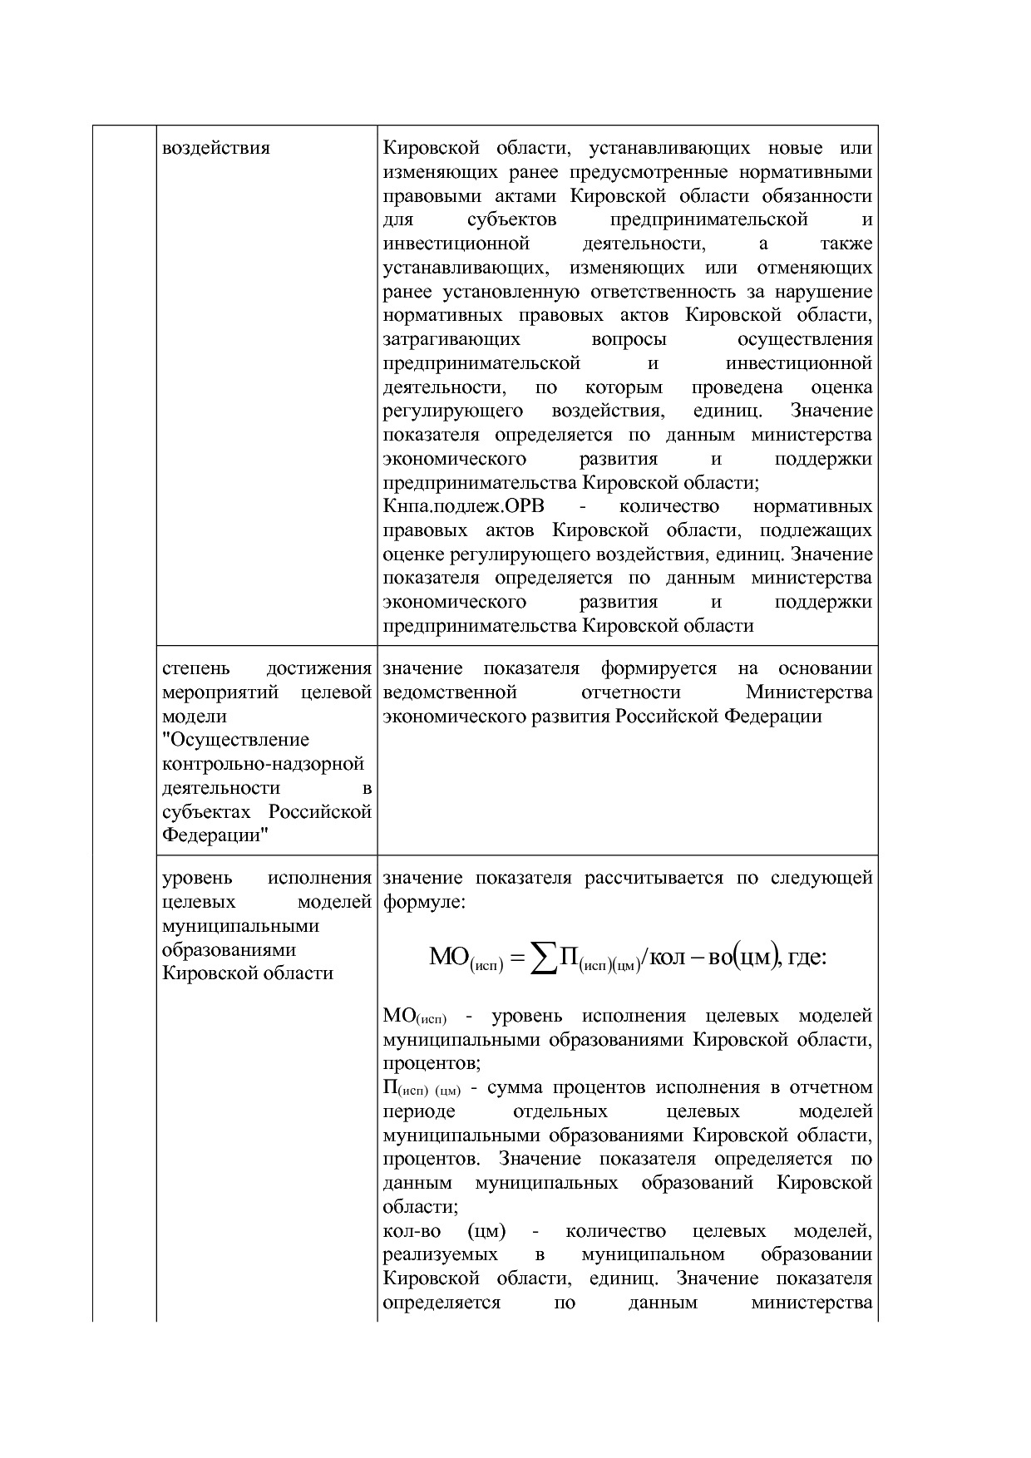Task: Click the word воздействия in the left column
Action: click(x=216, y=149)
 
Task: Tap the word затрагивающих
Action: click(x=451, y=340)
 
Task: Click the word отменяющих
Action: click(x=815, y=268)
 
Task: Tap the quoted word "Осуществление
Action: click(x=236, y=740)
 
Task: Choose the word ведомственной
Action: click(x=450, y=692)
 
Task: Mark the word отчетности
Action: click(x=631, y=692)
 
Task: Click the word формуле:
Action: click(x=424, y=902)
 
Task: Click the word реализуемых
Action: click(x=441, y=1254)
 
